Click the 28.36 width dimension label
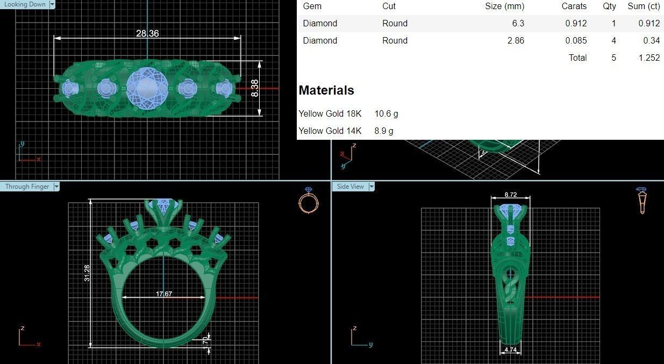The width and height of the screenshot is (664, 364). (x=147, y=33)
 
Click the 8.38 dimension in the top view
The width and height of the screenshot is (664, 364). (x=254, y=88)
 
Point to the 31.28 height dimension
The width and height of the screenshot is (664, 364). (x=87, y=273)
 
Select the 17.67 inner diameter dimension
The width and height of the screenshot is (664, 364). (x=164, y=294)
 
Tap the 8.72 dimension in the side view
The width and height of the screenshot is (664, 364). (x=511, y=194)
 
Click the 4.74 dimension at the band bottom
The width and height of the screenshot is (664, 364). (x=511, y=350)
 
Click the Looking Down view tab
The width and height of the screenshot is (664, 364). (x=25, y=4)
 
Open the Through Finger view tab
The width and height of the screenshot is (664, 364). (x=27, y=187)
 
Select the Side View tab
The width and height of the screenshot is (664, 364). (x=351, y=187)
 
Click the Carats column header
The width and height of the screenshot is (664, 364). (x=574, y=6)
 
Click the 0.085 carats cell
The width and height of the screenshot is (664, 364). (x=576, y=40)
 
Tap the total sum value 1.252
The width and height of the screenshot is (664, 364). (x=649, y=58)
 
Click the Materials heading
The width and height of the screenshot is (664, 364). (x=326, y=90)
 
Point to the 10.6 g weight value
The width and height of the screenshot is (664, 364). (x=386, y=113)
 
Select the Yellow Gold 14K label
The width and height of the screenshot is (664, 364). (x=330, y=131)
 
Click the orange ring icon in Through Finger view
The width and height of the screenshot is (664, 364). (x=309, y=201)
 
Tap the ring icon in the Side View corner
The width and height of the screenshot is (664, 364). (x=641, y=201)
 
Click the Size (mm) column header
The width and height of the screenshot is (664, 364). (x=504, y=6)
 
